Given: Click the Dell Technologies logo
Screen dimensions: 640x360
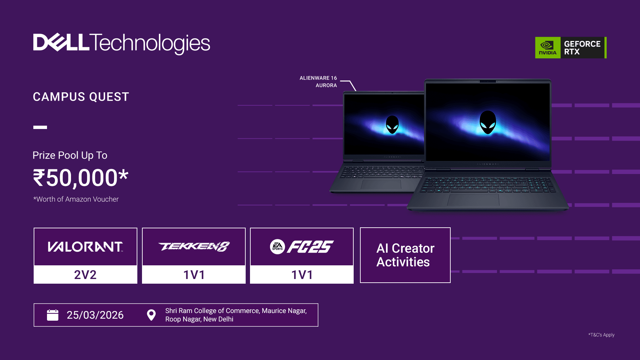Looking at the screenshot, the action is pos(122,43).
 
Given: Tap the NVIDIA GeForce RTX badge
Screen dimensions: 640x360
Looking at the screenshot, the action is pos(571,48).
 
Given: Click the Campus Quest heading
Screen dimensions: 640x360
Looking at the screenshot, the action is pos(81,97).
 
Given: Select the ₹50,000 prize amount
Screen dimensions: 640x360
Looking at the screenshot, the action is pos(81,178).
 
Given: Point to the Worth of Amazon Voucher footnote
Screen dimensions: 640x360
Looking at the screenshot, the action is pos(76,199).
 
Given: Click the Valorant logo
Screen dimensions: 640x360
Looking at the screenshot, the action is pos(85,247).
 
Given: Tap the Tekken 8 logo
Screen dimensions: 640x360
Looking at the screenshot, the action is pos(194,247).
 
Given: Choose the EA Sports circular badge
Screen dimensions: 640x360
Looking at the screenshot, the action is pos(277,247).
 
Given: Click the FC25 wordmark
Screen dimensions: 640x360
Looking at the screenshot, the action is pos(310,247).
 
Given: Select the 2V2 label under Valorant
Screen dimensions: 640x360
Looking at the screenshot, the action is pos(85,275).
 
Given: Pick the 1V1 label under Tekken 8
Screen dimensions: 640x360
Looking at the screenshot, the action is pos(194,275).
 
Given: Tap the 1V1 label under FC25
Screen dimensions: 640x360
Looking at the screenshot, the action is pos(302,275).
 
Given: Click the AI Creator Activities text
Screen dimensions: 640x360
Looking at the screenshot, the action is pos(405,255).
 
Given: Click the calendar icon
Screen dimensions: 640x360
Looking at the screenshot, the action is pos(53,315).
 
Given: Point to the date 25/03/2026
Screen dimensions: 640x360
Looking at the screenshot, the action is pos(95,315).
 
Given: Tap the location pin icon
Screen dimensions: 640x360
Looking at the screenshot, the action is pos(151,315).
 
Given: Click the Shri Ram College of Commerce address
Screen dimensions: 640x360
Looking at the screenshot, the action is pos(236,315).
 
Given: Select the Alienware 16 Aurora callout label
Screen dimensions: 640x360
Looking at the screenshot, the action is pos(318,82).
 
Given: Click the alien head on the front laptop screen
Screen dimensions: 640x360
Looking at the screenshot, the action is pos(488,122).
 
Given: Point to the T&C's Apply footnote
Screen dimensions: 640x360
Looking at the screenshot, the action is pos(601,335).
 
